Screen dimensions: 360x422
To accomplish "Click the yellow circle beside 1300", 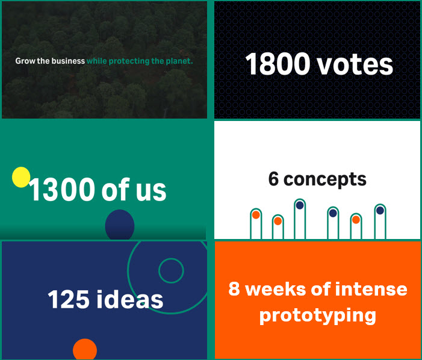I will coord(21,177).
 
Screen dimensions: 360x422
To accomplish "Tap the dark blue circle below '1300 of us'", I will coord(119,225).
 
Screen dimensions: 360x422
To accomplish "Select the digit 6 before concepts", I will coord(274,179).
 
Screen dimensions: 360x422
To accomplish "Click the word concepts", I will coord(325,179).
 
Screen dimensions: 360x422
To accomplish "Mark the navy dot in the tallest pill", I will coord(300,205).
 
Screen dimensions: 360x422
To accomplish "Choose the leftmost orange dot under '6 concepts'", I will coord(256,215).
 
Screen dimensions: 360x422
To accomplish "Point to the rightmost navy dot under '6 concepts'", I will coord(380,210).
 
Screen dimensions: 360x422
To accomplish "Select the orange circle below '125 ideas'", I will coord(85,350).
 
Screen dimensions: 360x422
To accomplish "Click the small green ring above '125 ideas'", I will coord(171,271).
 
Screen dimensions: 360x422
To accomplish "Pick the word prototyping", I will coord(318,315).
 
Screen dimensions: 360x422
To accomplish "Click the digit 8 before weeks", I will coord(234,289).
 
